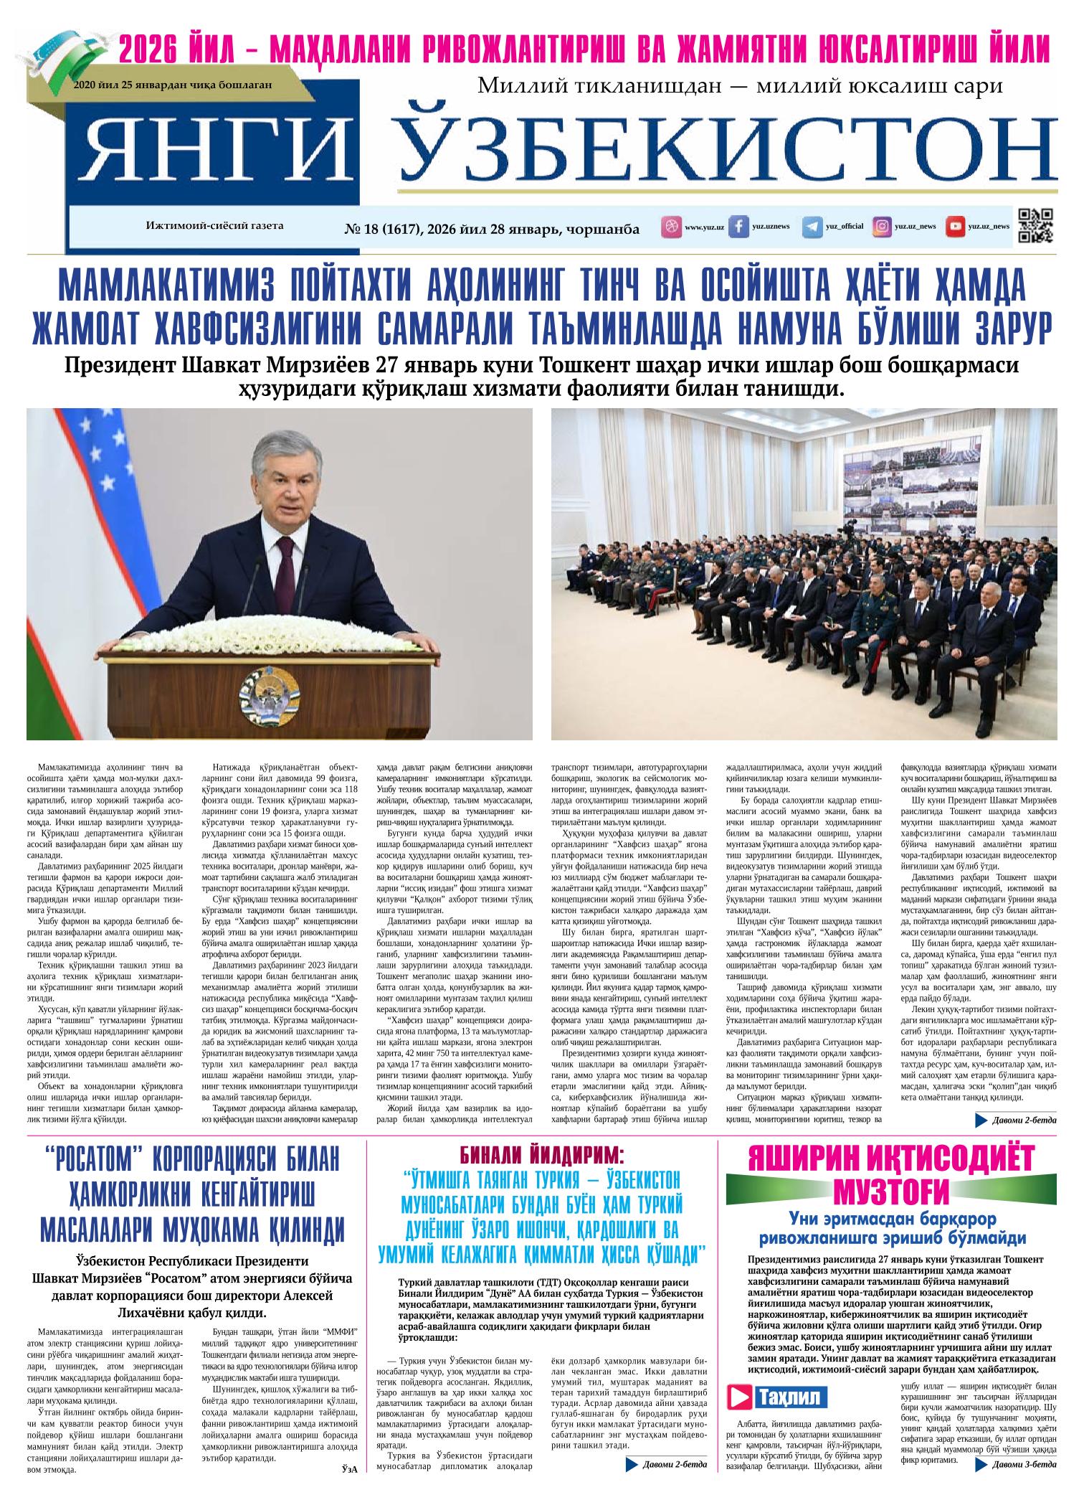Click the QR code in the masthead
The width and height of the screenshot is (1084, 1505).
[x=1035, y=226]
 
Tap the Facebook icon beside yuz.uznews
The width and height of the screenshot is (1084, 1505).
[x=738, y=227]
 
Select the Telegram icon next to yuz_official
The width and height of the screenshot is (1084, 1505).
[x=812, y=227]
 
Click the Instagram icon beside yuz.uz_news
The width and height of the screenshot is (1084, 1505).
[x=882, y=227]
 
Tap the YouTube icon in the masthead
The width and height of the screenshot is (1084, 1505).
[x=955, y=227]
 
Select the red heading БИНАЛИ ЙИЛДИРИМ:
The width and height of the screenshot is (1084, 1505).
[x=541, y=1155]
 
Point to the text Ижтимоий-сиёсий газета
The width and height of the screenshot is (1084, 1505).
[x=215, y=225]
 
